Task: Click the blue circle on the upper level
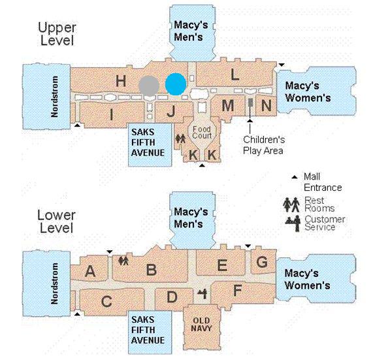[176, 84]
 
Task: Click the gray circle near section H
[149, 86]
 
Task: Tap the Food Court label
[202, 133]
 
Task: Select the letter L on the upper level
[234, 74]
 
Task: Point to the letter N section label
[266, 105]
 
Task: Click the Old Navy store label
[201, 325]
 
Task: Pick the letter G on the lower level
[262, 262]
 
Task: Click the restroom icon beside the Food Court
[180, 139]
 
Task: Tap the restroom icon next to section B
[123, 261]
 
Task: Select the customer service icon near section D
[202, 294]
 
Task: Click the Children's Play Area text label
[264, 145]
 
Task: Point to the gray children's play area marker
[250, 103]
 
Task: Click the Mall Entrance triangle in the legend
[295, 177]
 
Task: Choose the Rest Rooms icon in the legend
[291, 205]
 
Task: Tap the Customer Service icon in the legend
[293, 223]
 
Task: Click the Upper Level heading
[57, 34]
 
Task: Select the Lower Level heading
[57, 221]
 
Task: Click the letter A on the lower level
[90, 271]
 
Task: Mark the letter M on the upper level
[228, 106]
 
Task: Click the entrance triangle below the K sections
[202, 165]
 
